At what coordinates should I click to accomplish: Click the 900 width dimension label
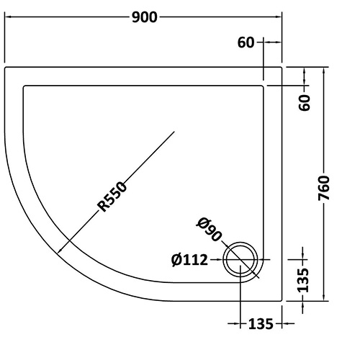(x=145, y=17)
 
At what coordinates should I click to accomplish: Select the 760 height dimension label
(x=324, y=188)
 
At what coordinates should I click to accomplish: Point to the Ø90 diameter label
(x=209, y=229)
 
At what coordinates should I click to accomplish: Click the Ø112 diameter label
(x=189, y=260)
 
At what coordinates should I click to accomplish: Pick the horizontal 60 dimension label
(x=246, y=42)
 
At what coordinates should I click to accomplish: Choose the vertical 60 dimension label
(x=305, y=102)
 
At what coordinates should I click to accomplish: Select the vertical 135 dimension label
(x=303, y=280)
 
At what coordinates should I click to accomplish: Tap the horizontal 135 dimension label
(x=261, y=324)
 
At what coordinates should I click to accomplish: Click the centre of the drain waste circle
(x=240, y=259)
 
